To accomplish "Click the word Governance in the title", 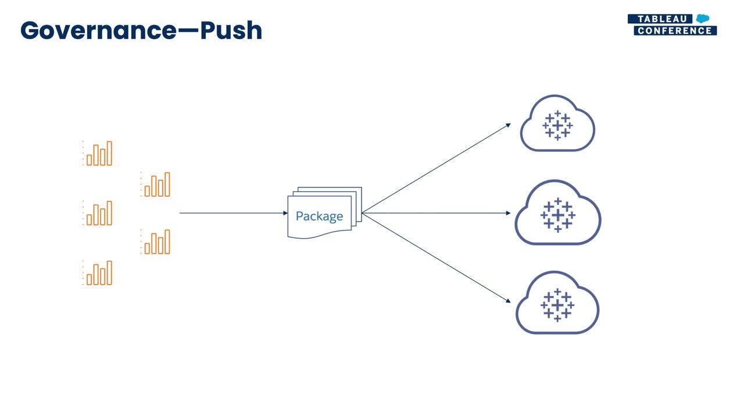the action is (99, 30).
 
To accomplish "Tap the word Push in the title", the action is (231, 30).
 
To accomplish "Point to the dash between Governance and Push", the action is (189, 31).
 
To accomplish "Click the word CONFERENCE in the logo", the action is (675, 31).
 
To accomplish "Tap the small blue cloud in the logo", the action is (703, 18).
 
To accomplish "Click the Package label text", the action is (319, 216).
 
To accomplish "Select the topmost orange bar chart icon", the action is (98, 153).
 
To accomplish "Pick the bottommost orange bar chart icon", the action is (98, 273).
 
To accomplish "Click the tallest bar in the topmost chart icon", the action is (109, 153).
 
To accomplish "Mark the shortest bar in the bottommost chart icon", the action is (89, 279).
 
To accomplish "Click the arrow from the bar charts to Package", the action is (234, 213).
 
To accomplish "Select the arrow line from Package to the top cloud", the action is (436, 168).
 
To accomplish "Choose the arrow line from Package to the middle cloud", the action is (436, 213).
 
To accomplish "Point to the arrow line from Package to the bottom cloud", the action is (436, 258).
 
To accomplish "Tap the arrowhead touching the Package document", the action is (285, 213).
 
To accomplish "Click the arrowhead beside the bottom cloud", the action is (508, 301).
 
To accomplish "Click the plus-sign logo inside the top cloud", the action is (557, 125).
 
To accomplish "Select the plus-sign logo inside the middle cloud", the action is (558, 215).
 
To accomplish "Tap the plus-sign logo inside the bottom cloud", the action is (557, 305).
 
